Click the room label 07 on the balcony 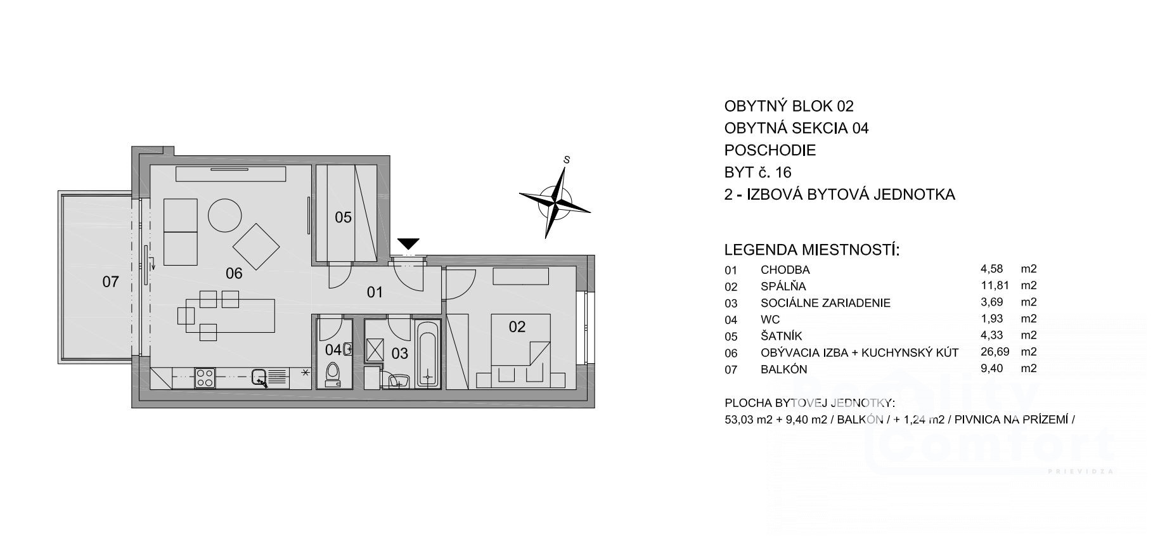[x=110, y=281]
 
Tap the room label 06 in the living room [x=234, y=273]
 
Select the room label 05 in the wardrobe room [x=343, y=217]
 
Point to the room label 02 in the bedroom [x=517, y=326]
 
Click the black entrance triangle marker [x=409, y=243]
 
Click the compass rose [x=555, y=201]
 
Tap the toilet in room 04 [x=333, y=374]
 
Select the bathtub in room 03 [x=428, y=353]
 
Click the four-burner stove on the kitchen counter [x=205, y=378]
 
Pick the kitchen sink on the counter [x=260, y=378]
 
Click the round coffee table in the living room [x=225, y=216]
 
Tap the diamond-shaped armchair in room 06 [x=257, y=247]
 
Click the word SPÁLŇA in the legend [x=783, y=287]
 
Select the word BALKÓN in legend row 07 [x=784, y=369]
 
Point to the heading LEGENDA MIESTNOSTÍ [x=812, y=249]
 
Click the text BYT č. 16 [x=758, y=172]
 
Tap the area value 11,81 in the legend [x=995, y=286]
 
